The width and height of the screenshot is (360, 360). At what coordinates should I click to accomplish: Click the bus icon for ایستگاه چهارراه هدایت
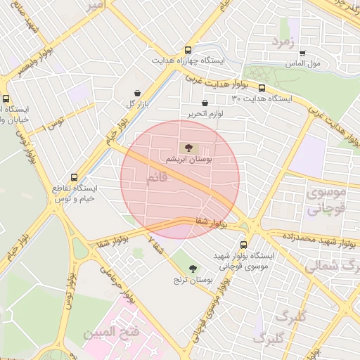(x=187, y=51)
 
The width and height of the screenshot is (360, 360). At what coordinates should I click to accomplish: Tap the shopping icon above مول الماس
(x=302, y=53)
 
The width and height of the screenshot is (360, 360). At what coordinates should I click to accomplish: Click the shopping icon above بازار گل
(x=136, y=93)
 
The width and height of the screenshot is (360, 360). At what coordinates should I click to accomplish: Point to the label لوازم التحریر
(x=205, y=113)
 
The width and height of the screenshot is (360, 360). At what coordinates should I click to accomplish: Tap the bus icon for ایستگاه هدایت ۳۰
(x=262, y=89)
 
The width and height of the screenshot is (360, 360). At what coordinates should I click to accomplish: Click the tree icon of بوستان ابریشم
(x=187, y=148)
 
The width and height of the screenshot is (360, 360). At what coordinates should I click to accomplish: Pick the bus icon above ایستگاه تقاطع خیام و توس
(x=75, y=178)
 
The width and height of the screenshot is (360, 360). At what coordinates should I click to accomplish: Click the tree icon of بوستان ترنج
(x=192, y=269)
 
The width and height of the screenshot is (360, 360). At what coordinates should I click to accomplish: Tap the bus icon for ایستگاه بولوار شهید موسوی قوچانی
(x=243, y=245)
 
